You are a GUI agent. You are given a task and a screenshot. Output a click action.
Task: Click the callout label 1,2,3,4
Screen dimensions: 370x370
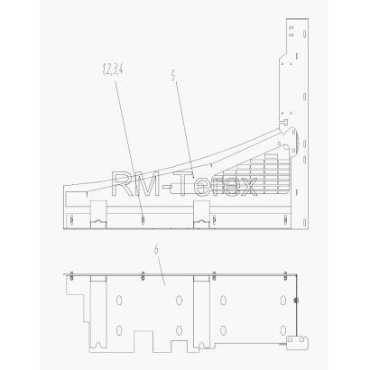coord(113,69)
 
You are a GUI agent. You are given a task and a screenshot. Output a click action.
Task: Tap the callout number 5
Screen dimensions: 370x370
coord(173,76)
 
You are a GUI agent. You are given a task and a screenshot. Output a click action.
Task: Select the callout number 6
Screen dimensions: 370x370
coord(156,249)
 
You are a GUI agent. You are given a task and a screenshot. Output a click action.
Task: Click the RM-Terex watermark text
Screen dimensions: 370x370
coord(184,184)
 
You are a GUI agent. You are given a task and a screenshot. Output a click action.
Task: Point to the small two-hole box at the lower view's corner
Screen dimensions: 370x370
coord(297,342)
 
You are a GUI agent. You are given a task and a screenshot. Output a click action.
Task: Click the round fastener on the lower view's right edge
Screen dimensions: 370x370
coord(296,301)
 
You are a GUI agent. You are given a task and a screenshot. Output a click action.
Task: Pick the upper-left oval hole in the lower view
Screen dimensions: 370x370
coord(119,301)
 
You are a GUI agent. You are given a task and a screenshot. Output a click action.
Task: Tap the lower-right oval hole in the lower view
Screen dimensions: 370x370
coord(282,330)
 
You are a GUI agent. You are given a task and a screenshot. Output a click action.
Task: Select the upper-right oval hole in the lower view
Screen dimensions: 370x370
coord(282,300)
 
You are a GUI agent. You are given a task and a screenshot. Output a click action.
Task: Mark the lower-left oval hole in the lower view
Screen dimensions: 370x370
coord(119,330)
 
